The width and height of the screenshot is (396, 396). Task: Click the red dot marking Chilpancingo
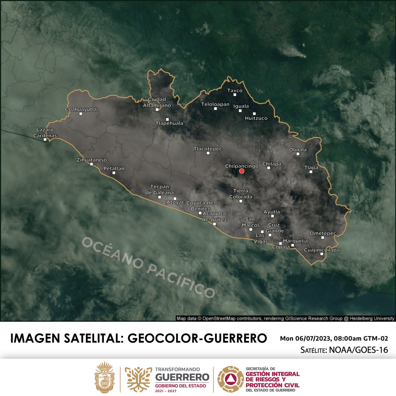point(242,171)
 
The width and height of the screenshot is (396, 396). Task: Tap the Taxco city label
point(235,90)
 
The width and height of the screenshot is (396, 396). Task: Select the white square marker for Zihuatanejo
point(91,164)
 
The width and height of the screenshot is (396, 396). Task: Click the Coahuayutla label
point(81,109)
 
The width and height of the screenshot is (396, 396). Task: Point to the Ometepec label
point(323,233)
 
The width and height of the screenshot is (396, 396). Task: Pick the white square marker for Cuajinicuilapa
point(322,254)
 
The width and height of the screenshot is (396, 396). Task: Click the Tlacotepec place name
point(208,149)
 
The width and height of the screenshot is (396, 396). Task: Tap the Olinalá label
point(298,149)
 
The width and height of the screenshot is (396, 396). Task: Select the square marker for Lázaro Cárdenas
point(45,139)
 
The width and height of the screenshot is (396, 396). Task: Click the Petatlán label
point(114,168)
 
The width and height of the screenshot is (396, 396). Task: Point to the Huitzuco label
point(256,118)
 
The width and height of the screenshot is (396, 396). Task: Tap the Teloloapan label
point(215,104)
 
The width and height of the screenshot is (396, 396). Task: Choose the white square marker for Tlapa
point(311,172)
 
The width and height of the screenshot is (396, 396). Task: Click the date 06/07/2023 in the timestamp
point(313,339)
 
